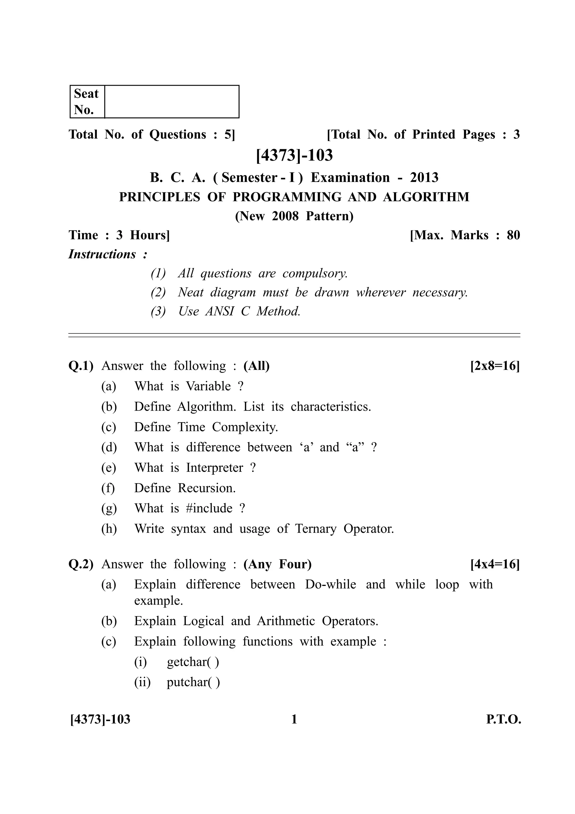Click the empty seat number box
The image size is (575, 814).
(172, 101)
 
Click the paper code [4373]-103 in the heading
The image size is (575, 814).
(295, 155)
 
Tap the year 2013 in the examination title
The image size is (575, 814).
(424, 177)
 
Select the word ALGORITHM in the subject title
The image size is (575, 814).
(426, 197)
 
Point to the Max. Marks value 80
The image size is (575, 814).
(513, 235)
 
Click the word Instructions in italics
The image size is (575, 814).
(102, 254)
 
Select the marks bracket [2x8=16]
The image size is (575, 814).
(495, 366)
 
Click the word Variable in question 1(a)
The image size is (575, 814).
(208, 386)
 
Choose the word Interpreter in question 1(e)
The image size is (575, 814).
(215, 468)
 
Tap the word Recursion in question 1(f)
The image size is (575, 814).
(207, 488)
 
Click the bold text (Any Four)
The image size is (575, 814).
(277, 564)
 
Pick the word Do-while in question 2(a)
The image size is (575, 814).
(330, 584)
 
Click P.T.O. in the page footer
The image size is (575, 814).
(503, 719)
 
